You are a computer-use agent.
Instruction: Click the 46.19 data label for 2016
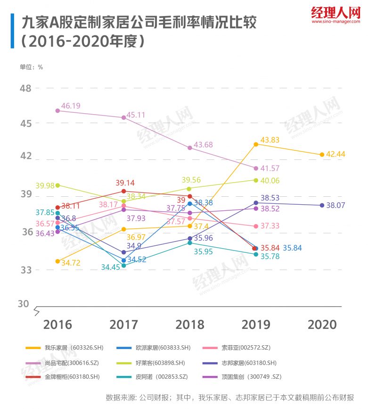[x=70, y=106]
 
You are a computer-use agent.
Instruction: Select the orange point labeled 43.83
[x=256, y=144]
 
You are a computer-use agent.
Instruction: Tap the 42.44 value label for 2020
[x=335, y=154]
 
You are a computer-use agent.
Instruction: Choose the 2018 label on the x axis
[x=190, y=325]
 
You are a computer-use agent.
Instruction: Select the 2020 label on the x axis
[x=322, y=325]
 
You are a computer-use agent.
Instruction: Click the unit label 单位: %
[x=32, y=67]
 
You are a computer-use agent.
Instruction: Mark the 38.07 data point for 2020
[x=322, y=205]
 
